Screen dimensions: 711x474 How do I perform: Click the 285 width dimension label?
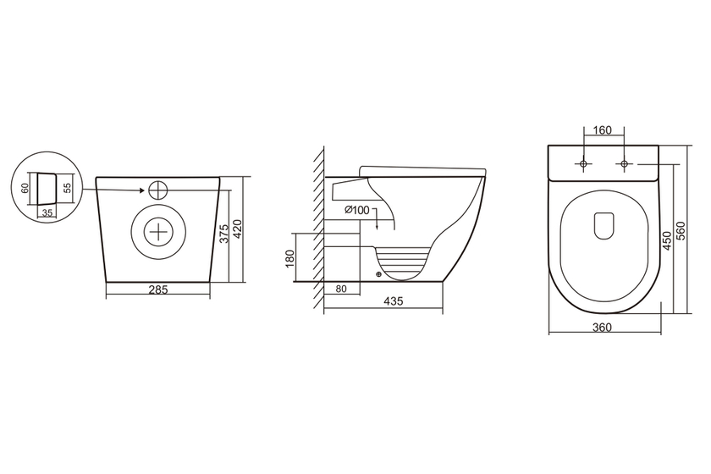tap(158, 289)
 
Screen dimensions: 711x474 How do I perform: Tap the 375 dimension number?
tap(224, 234)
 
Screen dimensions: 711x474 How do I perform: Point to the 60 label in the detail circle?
tap(25, 187)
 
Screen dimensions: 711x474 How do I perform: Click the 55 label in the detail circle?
tap(67, 187)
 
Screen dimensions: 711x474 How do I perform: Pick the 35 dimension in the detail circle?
tap(47, 212)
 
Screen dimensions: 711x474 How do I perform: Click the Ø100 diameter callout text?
tap(357, 210)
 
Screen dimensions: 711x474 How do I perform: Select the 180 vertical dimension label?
tap(290, 258)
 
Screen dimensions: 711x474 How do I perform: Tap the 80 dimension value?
tap(341, 289)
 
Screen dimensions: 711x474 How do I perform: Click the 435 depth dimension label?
tap(393, 300)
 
